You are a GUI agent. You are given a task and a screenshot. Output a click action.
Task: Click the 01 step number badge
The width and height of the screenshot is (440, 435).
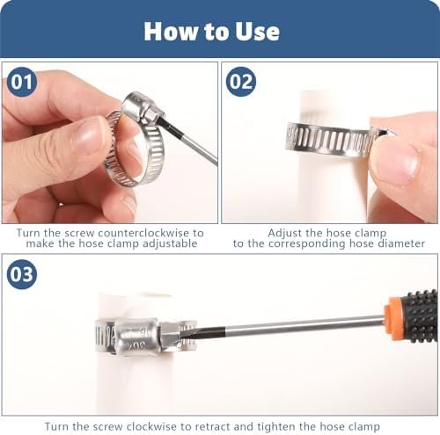[x=22, y=82]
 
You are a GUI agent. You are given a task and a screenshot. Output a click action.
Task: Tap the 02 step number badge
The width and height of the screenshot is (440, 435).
[x=241, y=82]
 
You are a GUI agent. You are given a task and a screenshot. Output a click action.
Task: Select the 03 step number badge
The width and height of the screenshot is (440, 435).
[x=22, y=274]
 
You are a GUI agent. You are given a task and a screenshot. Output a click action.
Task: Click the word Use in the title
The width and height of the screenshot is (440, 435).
[x=257, y=32]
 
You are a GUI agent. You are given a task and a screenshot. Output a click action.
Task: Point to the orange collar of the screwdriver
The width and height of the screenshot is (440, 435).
[x=393, y=319]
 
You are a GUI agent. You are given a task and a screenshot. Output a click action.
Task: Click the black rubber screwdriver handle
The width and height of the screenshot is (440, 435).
[x=419, y=315]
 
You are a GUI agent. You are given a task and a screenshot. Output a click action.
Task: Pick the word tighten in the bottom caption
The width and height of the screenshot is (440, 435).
[x=277, y=427]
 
